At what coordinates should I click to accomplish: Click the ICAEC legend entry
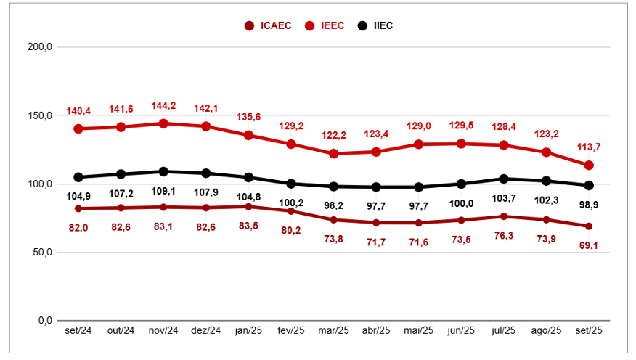[268, 26]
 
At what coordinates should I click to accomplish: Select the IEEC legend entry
[326, 26]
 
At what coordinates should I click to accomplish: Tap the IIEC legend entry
[376, 26]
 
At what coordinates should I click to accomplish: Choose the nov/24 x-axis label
[163, 331]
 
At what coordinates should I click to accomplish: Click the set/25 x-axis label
[589, 331]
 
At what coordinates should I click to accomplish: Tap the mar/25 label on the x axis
[333, 331]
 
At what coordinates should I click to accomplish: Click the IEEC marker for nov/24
[163, 123]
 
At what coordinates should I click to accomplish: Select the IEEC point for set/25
[589, 165]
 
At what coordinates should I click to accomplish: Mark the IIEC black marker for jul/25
[504, 179]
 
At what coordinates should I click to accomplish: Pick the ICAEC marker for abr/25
[376, 222]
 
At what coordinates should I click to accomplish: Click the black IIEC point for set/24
[78, 177]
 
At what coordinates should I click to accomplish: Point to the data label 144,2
[163, 106]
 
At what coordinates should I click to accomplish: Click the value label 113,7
[589, 147]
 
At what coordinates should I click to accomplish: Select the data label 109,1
[163, 192]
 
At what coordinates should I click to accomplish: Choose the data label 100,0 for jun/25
[461, 204]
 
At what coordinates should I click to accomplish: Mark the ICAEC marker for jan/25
[248, 206]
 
